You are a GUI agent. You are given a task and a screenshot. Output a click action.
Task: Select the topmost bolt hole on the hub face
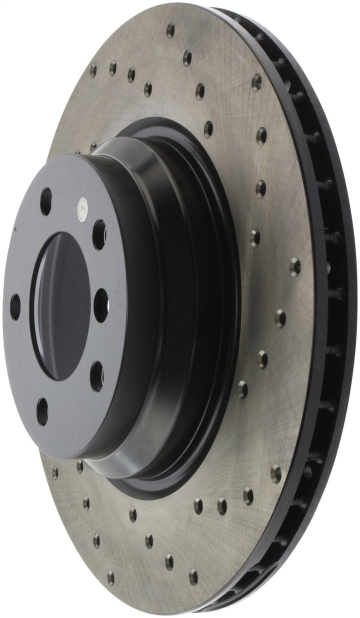tap(46, 194)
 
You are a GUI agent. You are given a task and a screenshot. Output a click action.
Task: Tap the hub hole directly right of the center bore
tap(102, 298)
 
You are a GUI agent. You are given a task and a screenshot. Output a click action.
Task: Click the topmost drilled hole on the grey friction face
tap(170, 31)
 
